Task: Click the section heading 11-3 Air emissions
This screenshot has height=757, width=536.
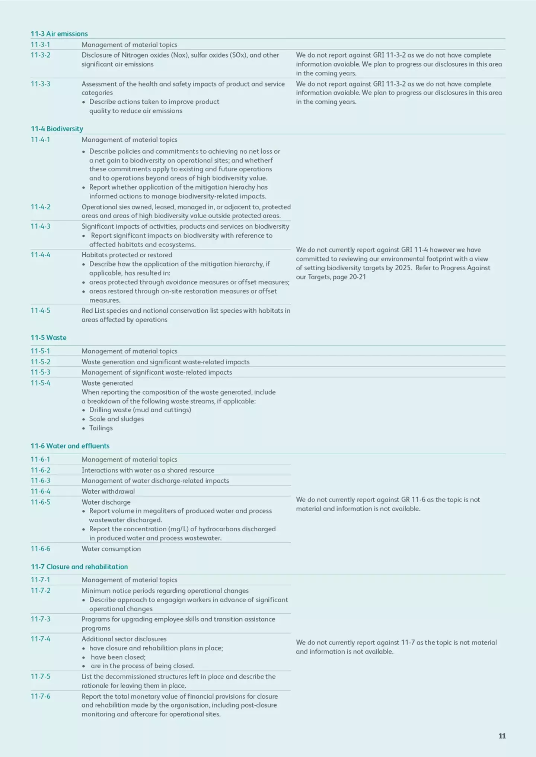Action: pyautogui.click(x=59, y=34)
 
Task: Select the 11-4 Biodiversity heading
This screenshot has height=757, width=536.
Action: pyautogui.click(x=57, y=129)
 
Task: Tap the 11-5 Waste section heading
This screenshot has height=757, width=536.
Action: pyautogui.click(x=48, y=338)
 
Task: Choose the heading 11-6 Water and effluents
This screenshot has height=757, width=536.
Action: pyautogui.click(x=70, y=446)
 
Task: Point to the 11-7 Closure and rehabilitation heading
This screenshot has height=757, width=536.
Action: pyautogui.click(x=79, y=567)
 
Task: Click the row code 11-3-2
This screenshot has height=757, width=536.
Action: pyautogui.click(x=41, y=55)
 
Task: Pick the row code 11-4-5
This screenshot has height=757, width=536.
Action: pyautogui.click(x=41, y=310)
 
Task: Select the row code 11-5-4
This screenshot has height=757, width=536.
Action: pyautogui.click(x=41, y=383)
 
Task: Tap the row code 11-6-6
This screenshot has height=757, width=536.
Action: pyautogui.click(x=41, y=549)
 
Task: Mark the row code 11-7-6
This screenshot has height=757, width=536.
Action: pyautogui.click(x=41, y=696)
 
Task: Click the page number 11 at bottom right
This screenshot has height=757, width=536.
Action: pyautogui.click(x=502, y=736)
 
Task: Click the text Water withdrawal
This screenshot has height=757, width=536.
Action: pyautogui.click(x=108, y=491)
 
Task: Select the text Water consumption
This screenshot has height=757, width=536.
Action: pyautogui.click(x=111, y=549)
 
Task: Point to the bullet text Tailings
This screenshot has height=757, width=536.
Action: pyautogui.click(x=101, y=428)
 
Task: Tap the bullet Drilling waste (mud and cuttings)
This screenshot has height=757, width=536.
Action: pyautogui.click(x=140, y=410)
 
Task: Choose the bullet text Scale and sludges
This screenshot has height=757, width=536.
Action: pyautogui.click(x=117, y=419)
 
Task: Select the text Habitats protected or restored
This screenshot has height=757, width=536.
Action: pyautogui.click(x=127, y=255)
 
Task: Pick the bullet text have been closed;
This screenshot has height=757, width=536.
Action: pyautogui.click(x=118, y=657)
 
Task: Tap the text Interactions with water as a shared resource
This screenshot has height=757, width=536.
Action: pyautogui.click(x=148, y=470)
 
